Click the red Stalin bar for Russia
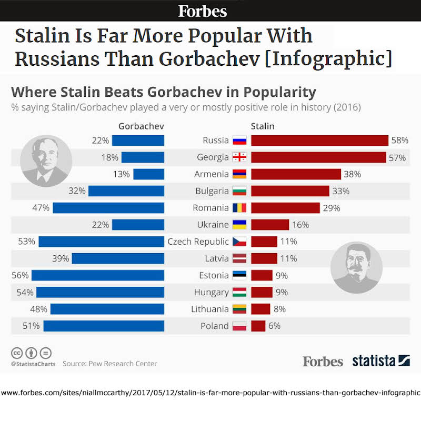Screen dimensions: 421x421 pos(319,141)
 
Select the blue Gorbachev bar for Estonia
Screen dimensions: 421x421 pos(98,275)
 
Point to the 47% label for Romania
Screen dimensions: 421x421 pos(41,208)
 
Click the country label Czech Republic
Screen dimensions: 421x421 pos(198,242)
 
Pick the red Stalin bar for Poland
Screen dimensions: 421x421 pos(258,326)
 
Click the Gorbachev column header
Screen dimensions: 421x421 pos(142,126)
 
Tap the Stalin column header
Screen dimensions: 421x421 pos(263,126)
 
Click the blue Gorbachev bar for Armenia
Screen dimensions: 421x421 pos(148,174)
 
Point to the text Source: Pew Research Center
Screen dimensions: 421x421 pos(109,364)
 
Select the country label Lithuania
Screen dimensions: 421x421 pos(209,309)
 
